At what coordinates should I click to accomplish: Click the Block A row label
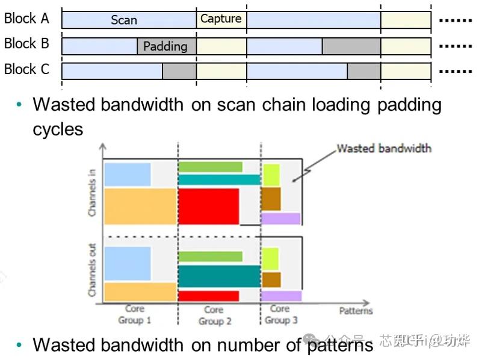point(26,19)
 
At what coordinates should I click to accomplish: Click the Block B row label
point(26,44)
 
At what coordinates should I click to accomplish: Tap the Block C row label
point(26,70)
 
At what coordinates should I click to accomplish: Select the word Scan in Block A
point(124,20)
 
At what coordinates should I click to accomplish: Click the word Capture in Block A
point(221,19)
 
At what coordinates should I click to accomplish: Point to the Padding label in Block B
point(165,46)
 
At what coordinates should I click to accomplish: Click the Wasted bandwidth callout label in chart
point(383,148)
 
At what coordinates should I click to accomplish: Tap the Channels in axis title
point(92,192)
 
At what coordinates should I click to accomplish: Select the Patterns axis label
point(356,311)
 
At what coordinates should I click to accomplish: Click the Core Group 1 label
point(134,314)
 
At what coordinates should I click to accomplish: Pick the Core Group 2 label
point(214,315)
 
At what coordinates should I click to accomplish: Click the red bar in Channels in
point(209,206)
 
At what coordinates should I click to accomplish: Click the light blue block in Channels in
point(127,174)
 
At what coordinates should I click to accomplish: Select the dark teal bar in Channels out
point(218,276)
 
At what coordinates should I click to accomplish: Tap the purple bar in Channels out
point(281,296)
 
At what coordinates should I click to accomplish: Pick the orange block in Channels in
point(140,206)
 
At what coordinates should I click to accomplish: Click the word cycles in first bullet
point(58,129)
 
